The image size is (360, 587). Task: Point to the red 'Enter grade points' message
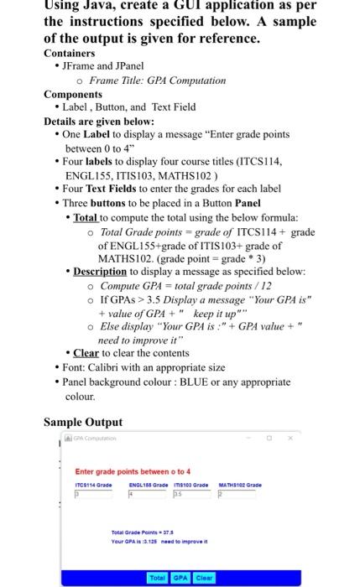(133, 470)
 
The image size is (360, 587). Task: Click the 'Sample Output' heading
(82, 422)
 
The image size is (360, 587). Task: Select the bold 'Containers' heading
(70, 52)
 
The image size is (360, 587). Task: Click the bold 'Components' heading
(73, 93)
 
